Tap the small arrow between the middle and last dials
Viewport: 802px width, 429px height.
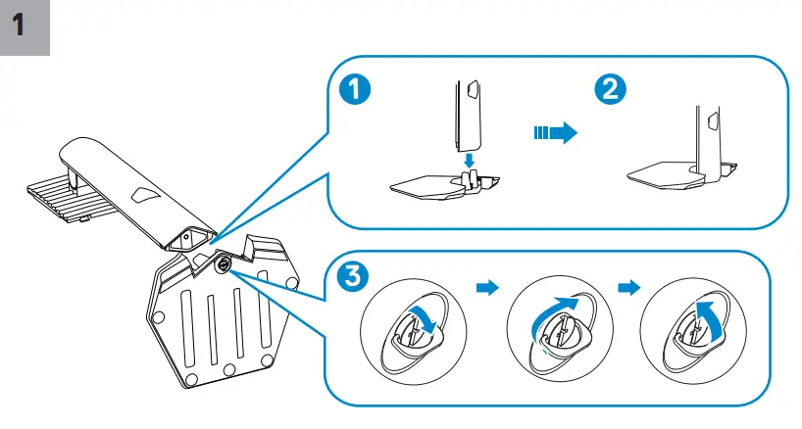(x=627, y=288)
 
